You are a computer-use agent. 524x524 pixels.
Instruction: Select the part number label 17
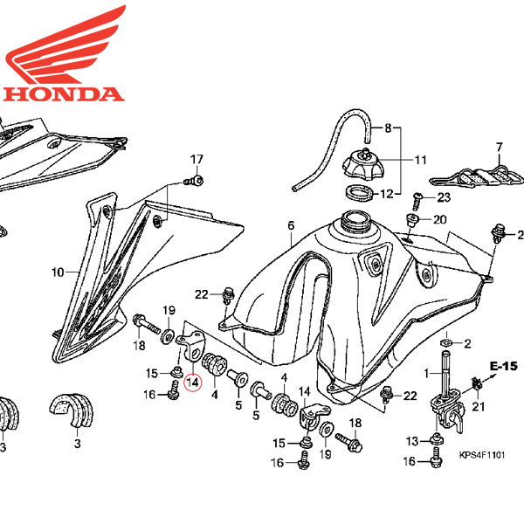[x=196, y=158]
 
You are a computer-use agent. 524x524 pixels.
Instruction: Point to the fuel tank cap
[x=359, y=165]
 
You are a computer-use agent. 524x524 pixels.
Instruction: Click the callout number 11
[x=420, y=160]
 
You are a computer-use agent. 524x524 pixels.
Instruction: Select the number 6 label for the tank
[x=291, y=227]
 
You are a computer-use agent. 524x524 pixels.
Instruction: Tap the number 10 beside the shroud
[x=58, y=272]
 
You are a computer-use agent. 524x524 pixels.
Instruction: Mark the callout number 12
[x=420, y=193]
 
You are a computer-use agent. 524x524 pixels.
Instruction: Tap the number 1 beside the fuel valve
[x=427, y=373]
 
